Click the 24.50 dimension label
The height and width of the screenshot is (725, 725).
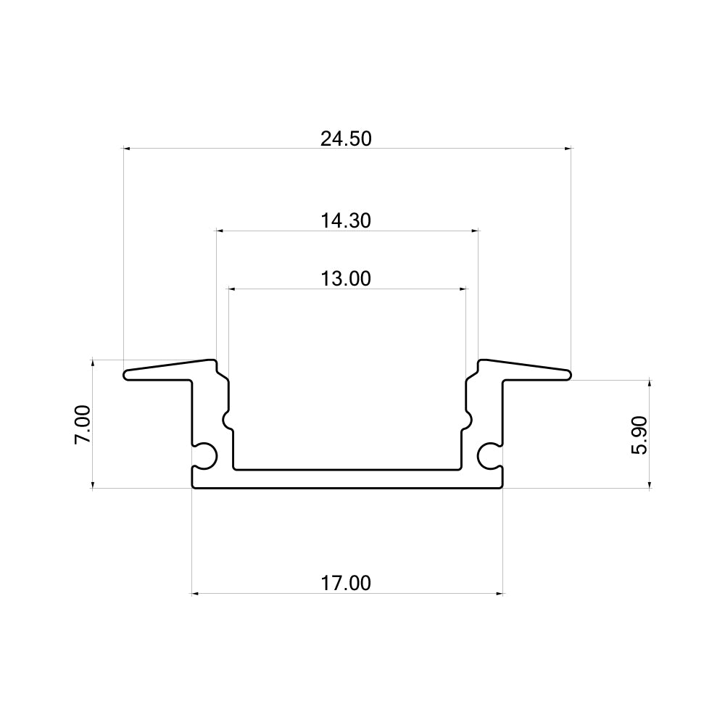pyautogui.click(x=346, y=139)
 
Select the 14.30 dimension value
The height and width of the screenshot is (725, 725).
pyautogui.click(x=346, y=221)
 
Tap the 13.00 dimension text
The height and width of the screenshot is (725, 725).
pyautogui.click(x=346, y=278)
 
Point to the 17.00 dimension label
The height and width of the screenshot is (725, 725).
pyautogui.click(x=346, y=584)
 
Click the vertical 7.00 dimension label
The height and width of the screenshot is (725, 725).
pyautogui.click(x=83, y=424)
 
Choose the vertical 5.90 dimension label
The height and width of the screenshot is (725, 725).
pyautogui.click(x=639, y=435)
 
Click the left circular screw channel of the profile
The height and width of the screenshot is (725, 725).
pyautogui.click(x=207, y=455)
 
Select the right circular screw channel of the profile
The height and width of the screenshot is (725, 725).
pyautogui.click(x=489, y=455)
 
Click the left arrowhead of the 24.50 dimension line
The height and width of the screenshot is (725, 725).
pyautogui.click(x=126, y=149)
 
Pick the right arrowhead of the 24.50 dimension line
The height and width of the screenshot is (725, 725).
pyautogui.click(x=568, y=149)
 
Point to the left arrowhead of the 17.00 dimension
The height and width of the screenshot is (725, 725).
pyautogui.click(x=195, y=594)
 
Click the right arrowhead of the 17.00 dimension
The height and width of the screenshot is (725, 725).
pyautogui.click(x=500, y=594)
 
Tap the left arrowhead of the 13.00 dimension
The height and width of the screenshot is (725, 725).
pyautogui.click(x=232, y=289)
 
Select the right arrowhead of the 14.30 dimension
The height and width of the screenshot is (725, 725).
pyautogui.click(x=475, y=231)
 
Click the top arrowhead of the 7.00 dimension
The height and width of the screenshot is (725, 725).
pyautogui.click(x=94, y=362)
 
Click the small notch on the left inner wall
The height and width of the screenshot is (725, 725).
pyautogui.click(x=227, y=420)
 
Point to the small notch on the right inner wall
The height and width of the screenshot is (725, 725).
pyautogui.click(x=468, y=420)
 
